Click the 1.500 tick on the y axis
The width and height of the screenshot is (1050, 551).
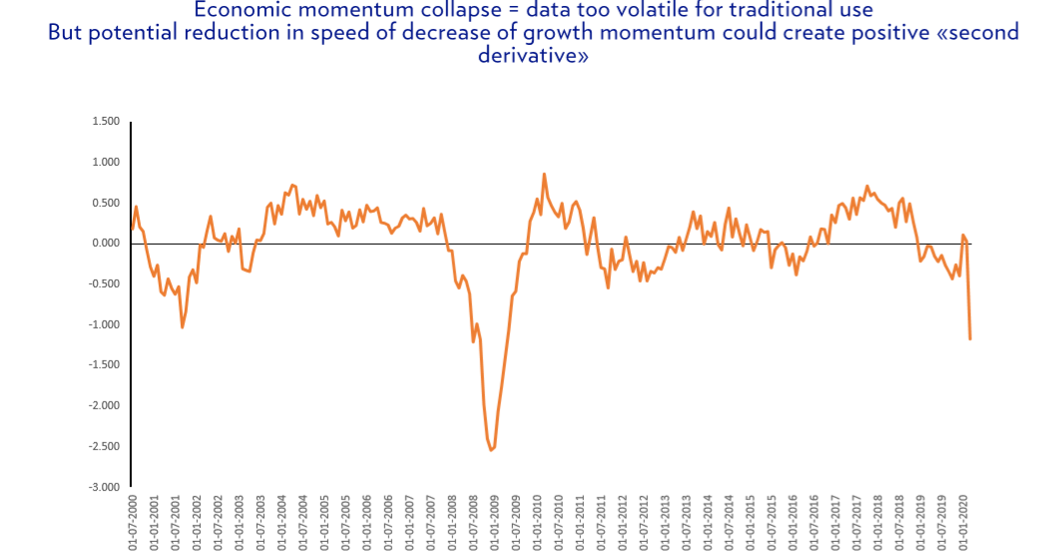pyautogui.click(x=106, y=121)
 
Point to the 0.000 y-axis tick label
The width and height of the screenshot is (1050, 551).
pyautogui.click(x=106, y=243)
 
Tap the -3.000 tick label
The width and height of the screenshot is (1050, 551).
pyautogui.click(x=105, y=487)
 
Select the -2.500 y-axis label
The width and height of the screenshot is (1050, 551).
pyautogui.click(x=105, y=446)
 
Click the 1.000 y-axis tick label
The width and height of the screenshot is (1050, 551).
pyautogui.click(x=106, y=162)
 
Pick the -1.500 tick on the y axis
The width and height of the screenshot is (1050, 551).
pyautogui.click(x=105, y=365)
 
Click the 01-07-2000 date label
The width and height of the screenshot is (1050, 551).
pyautogui.click(x=133, y=523)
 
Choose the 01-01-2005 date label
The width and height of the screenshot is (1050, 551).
pyautogui.click(x=324, y=523)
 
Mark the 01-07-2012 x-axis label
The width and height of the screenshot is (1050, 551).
pyautogui.click(x=644, y=523)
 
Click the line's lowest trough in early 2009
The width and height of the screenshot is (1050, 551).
pyautogui.click(x=491, y=450)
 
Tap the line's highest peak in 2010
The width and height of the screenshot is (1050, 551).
pyautogui.click(x=544, y=174)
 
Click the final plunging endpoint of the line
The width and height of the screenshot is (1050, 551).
pyautogui.click(x=969, y=338)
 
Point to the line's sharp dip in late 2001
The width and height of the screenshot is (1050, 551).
pyautogui.click(x=182, y=326)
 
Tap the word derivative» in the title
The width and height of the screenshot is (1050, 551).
pyautogui.click(x=533, y=54)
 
